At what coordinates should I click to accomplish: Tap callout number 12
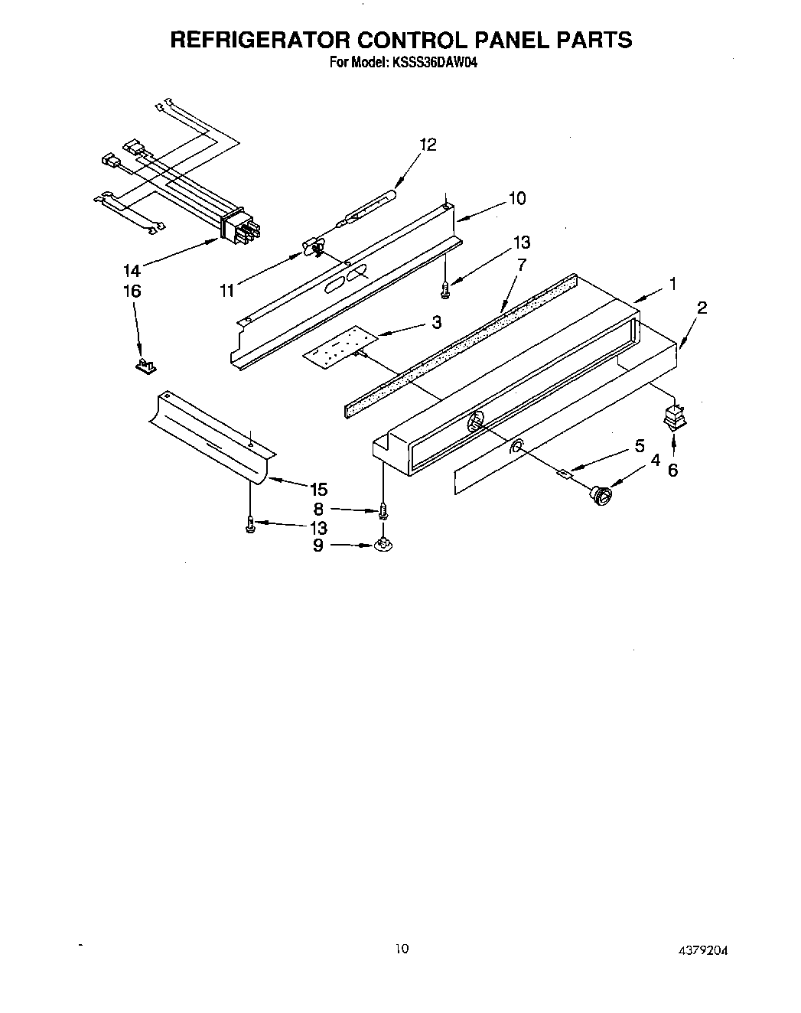pos(428,145)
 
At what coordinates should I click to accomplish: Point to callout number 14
pos(131,269)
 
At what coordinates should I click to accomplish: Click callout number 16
pos(132,291)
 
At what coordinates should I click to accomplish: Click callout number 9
pos(317,546)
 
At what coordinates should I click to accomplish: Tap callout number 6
pos(672,470)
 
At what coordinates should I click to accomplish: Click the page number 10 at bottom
pos(402,949)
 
